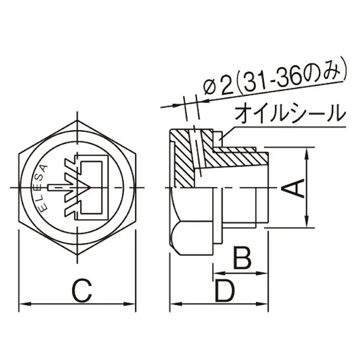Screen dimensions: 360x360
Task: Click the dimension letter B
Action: coord(242,258)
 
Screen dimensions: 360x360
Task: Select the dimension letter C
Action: coord(81,291)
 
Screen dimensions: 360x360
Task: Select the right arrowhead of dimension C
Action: coord(134,304)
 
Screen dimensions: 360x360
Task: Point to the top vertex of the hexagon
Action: coord(78,121)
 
